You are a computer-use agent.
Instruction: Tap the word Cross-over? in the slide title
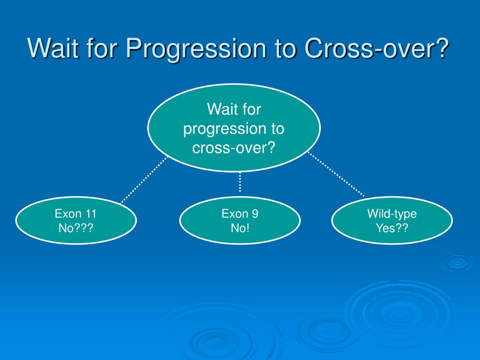[376, 48]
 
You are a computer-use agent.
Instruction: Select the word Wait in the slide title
[53, 48]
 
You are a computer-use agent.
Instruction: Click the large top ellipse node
[234, 127]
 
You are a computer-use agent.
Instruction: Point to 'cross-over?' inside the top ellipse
[234, 148]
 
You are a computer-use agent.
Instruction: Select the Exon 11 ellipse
[76, 220]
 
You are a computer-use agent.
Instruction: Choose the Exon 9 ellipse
[240, 220]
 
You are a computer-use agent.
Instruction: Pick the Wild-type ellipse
[392, 220]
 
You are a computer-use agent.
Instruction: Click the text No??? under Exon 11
[76, 228]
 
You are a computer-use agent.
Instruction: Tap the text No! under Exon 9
[240, 228]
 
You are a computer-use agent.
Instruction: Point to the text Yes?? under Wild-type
[392, 228]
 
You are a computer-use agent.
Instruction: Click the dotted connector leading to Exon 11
[144, 180]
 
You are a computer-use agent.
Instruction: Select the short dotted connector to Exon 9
[240, 182]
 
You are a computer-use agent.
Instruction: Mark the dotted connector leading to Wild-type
[336, 174]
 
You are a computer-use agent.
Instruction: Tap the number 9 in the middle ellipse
[255, 214]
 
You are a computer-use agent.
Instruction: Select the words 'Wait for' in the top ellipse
[234, 109]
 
